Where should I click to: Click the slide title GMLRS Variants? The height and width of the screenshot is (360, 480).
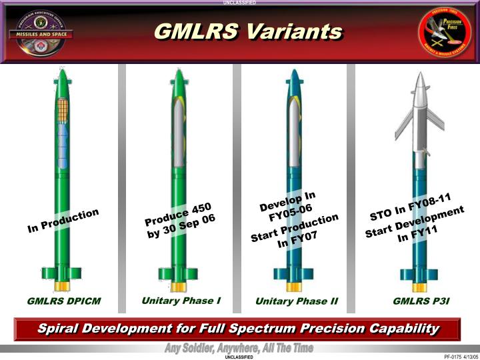248,32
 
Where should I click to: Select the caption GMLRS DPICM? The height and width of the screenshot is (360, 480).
64,301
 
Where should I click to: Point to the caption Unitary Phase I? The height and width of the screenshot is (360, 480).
181,300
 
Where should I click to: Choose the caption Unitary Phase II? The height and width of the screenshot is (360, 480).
297,301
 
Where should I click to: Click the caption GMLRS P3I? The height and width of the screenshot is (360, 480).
421,301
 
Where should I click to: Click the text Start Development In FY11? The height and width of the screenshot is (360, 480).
415,225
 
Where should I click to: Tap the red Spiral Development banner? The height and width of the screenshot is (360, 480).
238,329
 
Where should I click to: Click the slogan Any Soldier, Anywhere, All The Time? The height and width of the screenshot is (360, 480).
238,349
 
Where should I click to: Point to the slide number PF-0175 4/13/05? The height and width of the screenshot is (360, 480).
457,356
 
